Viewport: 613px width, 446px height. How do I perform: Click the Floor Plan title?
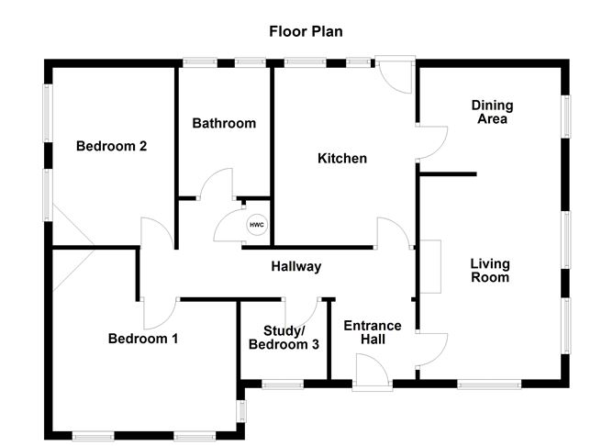306,32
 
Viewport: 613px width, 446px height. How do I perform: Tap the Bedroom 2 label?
112,146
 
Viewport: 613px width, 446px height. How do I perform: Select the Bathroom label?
224,123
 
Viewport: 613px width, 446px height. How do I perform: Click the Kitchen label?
342,159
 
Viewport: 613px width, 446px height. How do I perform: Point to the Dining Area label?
492,112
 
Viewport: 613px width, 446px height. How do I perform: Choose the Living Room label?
490,270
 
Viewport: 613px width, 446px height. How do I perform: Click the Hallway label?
295,267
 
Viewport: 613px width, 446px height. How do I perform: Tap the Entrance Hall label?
373,332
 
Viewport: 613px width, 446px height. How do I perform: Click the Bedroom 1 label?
143,339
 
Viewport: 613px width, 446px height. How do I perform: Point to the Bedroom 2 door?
156,233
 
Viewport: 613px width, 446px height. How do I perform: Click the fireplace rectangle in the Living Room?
430,267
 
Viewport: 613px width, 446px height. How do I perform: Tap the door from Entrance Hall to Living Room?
430,349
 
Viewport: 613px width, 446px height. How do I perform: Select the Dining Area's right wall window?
567,116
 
